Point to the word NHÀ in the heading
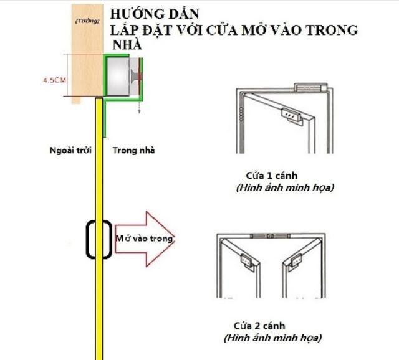127,45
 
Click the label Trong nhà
134,150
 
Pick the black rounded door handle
98,240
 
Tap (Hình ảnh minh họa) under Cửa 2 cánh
272,339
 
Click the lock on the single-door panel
291,115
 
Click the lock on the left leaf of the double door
249,264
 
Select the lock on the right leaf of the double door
296,264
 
